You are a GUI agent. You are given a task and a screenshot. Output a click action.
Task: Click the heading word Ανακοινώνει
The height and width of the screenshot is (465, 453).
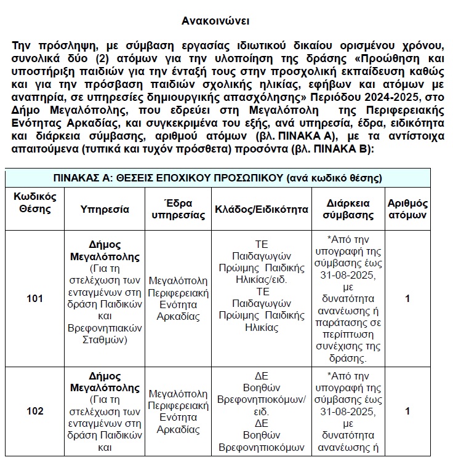pos(215,20)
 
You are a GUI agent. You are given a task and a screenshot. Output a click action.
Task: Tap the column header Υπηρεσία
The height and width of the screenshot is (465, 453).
pos(105,209)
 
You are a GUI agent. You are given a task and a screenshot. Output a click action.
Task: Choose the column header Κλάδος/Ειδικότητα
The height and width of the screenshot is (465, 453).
pos(261,209)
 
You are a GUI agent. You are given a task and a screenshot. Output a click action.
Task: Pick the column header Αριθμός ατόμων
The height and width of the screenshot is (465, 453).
pos(407,209)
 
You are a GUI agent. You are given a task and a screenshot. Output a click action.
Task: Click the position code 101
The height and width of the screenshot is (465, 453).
pos(35,299)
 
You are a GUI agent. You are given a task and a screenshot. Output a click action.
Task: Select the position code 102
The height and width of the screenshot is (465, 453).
pos(35,411)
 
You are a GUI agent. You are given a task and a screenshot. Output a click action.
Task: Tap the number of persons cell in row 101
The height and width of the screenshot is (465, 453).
pos(407,299)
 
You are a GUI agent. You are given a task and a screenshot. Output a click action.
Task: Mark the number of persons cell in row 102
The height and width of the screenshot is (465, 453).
pos(407,411)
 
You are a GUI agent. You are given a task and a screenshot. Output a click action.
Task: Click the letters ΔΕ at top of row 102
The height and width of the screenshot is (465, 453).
pos(261,375)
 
